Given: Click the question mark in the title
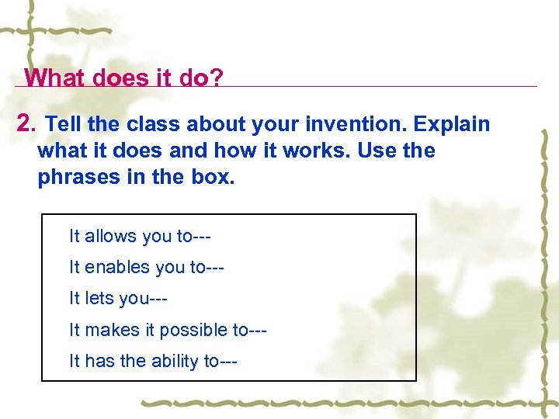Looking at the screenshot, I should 215,78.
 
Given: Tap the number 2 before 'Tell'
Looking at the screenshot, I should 26,124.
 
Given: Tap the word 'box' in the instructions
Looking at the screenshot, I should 210,177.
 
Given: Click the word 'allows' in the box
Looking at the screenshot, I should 109,236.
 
